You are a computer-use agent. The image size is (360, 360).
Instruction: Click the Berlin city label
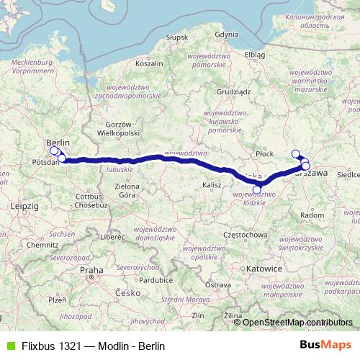pos(58,143)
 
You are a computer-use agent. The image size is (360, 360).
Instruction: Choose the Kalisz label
pos(212,185)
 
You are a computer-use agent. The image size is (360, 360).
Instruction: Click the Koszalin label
pos(150,63)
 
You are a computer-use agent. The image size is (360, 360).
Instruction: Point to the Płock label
pos(265,153)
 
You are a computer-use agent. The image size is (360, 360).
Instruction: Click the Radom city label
pos(312,215)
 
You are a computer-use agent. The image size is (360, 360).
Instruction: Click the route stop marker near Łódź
pos(257,189)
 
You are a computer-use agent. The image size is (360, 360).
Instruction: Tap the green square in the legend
pos(9,346)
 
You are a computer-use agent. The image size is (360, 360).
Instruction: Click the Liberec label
pos(113,236)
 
